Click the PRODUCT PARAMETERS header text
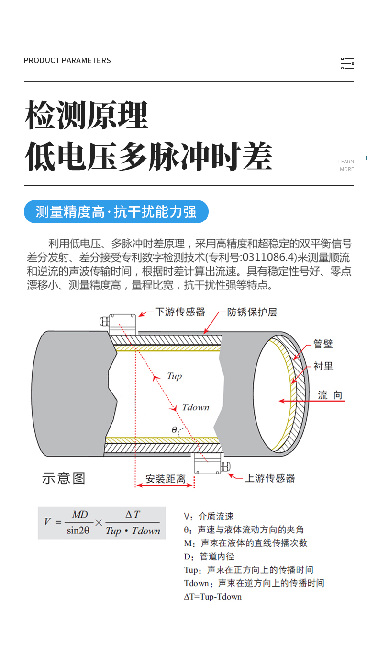[x=67, y=60]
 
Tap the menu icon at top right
[x=347, y=63]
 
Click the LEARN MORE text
[x=346, y=165]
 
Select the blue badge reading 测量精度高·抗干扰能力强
[x=116, y=212]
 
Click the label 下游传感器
[x=180, y=312]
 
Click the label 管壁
[x=323, y=344]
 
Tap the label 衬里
[x=323, y=366]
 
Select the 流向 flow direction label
[x=330, y=395]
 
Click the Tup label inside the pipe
[x=174, y=376]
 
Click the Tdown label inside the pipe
[x=196, y=407]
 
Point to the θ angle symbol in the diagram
[x=174, y=430]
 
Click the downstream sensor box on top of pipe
[x=123, y=324]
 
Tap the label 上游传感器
[x=270, y=478]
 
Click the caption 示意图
[x=64, y=478]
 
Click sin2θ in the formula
[x=78, y=531]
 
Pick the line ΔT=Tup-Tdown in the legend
[x=213, y=597]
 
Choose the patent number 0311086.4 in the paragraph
[x=268, y=257]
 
